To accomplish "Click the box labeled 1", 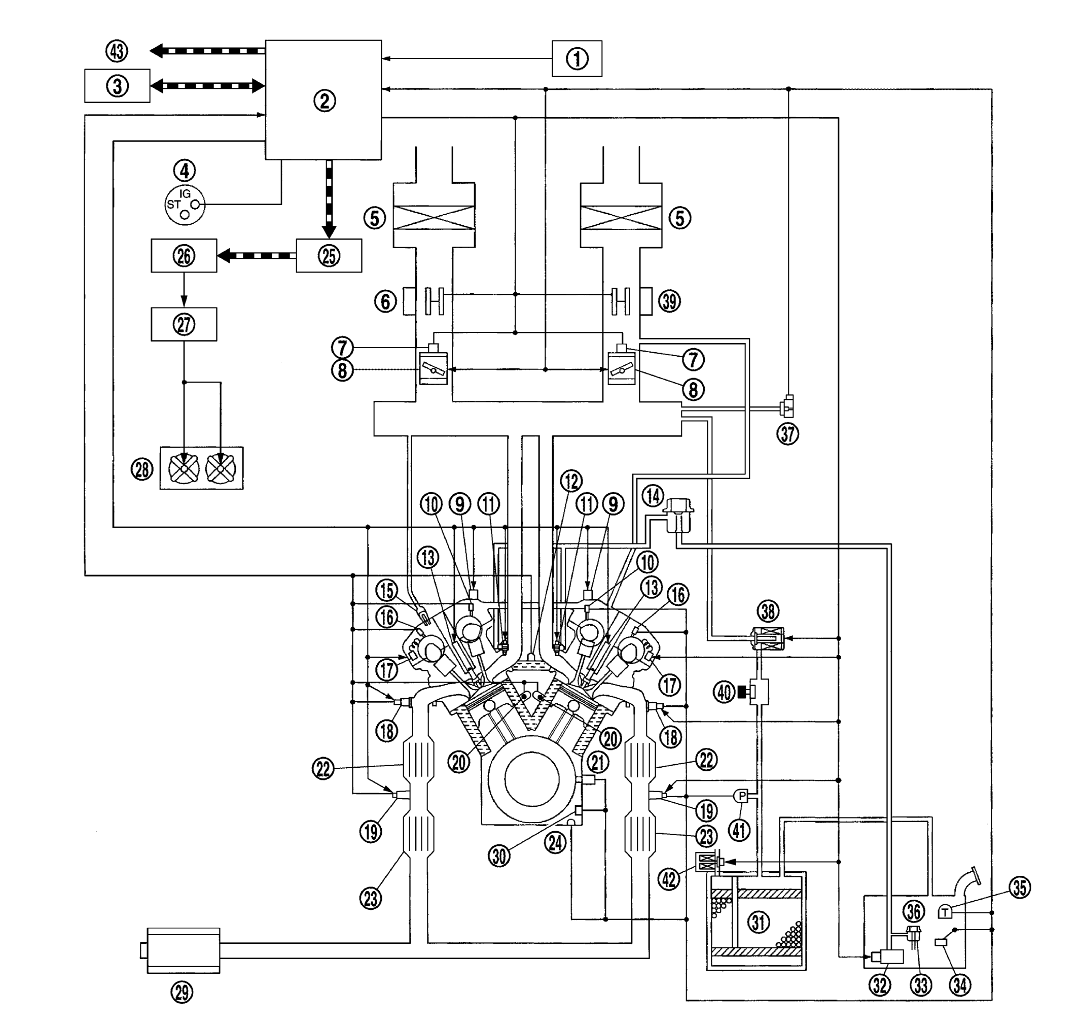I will point(577,58).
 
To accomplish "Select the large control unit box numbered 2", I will point(323,100).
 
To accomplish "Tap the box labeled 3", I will point(117,86).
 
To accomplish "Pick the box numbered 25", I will point(329,255).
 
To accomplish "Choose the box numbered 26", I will point(184,255).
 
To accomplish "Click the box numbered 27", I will point(184,324).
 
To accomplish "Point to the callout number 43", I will point(116,51).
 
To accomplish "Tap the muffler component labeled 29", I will point(183,950).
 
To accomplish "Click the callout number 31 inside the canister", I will point(758,923).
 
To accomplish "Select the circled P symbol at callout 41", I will point(741,796).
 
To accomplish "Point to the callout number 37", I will point(787,434).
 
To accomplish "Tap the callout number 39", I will point(670,301).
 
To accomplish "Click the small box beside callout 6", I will point(409,301).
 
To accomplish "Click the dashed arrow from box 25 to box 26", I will point(257,255).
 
